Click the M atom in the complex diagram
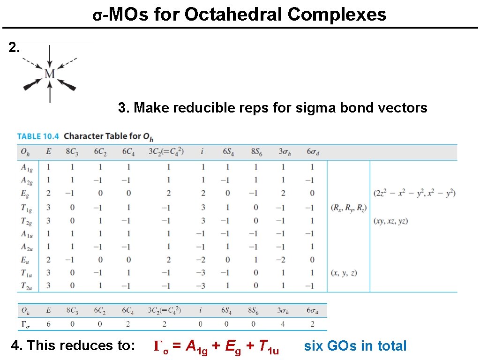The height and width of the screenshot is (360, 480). point(50,74)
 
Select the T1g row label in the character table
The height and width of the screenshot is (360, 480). point(25,207)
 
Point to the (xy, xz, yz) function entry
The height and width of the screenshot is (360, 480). point(390,221)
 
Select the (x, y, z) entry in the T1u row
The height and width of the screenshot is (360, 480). point(344,272)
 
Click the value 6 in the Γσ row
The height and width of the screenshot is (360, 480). point(49,324)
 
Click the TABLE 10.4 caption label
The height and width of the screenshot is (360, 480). point(38,136)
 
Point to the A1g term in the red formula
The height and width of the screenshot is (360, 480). point(196,347)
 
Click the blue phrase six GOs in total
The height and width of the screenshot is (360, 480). point(355,346)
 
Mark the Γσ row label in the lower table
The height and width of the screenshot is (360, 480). point(24,324)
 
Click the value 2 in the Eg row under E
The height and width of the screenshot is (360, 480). point(49,193)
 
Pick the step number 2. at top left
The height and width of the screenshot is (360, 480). point(15,47)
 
